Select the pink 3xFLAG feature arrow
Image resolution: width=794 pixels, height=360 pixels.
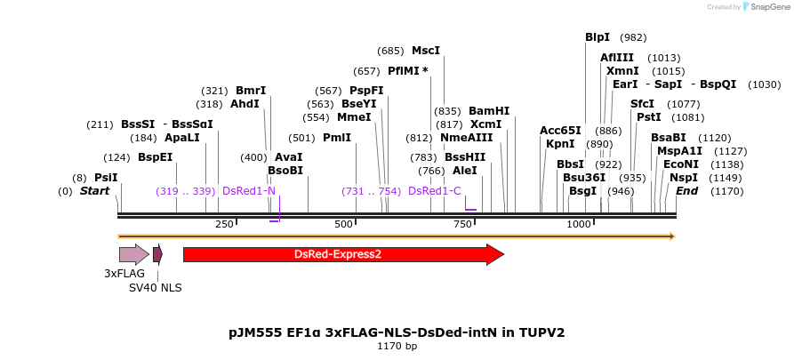click(133, 254)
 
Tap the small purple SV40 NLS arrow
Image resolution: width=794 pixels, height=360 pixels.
click(157, 254)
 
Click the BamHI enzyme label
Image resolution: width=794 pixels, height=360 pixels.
click(489, 111)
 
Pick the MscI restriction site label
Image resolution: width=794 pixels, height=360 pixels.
click(426, 51)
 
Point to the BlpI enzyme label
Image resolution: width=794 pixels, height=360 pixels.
click(598, 37)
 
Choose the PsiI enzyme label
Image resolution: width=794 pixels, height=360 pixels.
click(106, 178)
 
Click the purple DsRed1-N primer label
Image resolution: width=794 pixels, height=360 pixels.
click(249, 191)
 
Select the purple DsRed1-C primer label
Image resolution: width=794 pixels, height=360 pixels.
click(435, 191)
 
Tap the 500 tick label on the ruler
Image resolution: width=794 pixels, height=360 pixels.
click(343, 224)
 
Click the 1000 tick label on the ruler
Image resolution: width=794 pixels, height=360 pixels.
click(579, 224)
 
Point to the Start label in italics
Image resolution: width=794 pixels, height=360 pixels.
click(94, 191)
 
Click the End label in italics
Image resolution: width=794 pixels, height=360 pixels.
click(686, 191)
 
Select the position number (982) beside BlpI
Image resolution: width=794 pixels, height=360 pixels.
click(634, 37)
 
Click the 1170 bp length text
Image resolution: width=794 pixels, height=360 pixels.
click(397, 347)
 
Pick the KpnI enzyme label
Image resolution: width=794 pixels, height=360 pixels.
click(560, 144)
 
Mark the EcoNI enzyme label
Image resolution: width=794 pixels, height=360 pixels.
click(681, 164)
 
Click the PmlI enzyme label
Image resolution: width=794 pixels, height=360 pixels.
click(337, 138)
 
